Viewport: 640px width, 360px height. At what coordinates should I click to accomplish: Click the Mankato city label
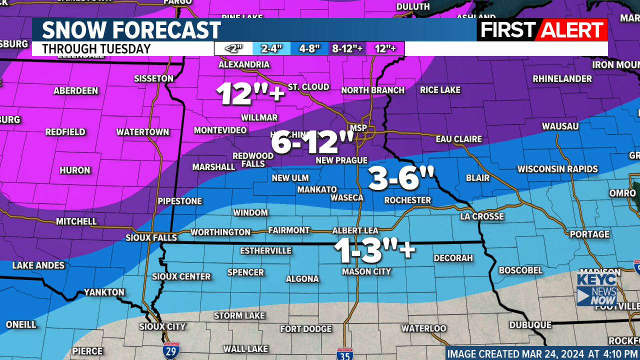(x=317, y=189)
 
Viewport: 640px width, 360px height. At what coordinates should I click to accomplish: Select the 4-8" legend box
(x=309, y=48)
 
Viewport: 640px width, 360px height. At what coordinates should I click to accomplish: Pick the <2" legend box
(x=233, y=48)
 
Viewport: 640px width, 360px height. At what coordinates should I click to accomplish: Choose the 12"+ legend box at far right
(x=385, y=48)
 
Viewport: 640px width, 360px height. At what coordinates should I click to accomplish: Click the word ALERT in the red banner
(x=572, y=30)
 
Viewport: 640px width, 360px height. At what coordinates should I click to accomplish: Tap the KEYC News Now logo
(x=596, y=289)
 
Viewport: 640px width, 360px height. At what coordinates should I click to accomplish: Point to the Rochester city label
(x=407, y=200)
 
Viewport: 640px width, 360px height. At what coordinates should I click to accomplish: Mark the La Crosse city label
(x=482, y=216)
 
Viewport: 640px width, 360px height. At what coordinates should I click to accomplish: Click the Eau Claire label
(x=458, y=139)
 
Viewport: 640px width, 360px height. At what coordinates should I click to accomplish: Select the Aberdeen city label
(x=76, y=91)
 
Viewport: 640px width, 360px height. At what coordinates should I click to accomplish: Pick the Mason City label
(x=366, y=271)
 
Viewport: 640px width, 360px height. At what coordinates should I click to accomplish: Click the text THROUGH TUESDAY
(x=96, y=49)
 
